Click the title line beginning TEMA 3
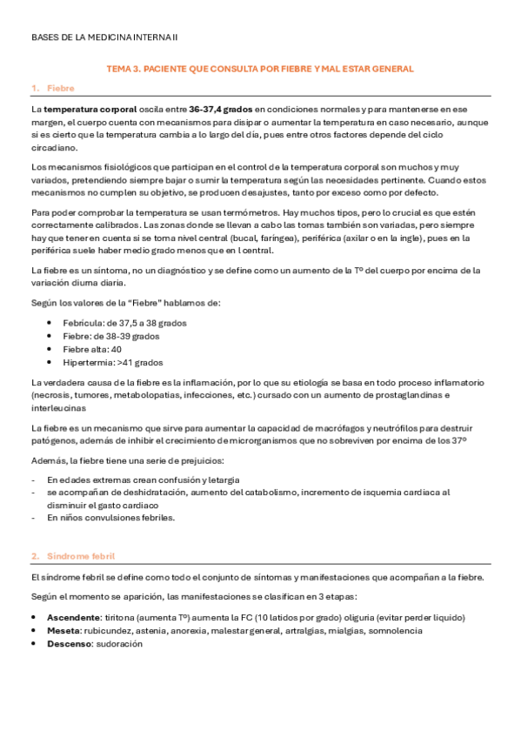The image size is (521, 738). [259, 68]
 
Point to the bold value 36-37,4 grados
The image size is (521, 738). [221, 110]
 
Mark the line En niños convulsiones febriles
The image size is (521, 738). [110, 517]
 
